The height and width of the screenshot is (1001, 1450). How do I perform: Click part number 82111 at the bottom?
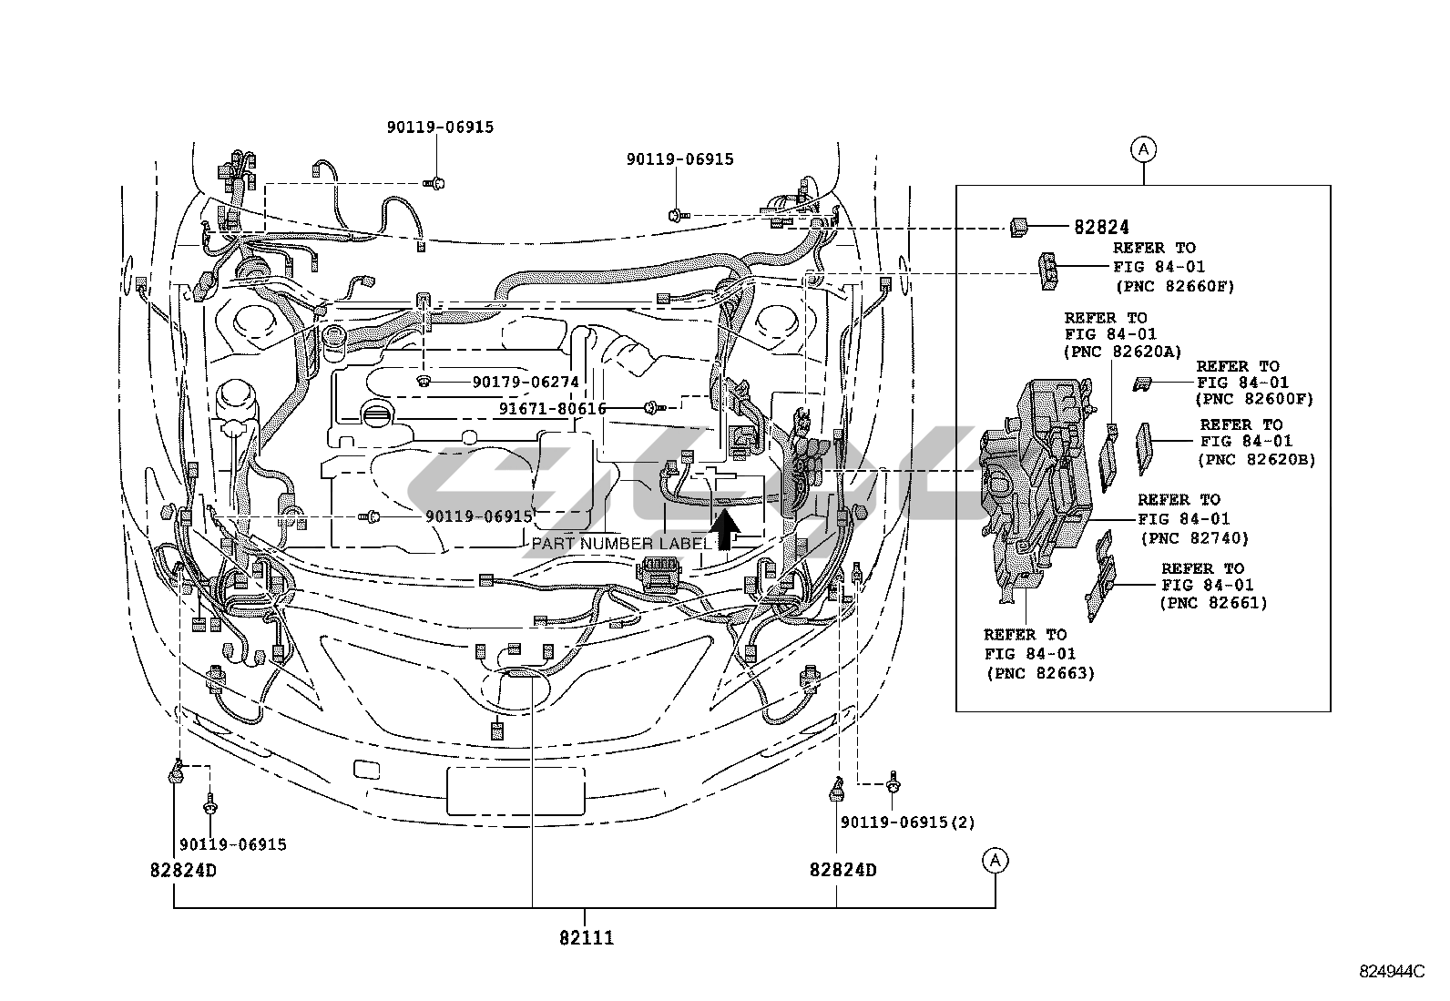click(586, 937)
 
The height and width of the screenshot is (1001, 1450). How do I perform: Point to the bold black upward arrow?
click(724, 529)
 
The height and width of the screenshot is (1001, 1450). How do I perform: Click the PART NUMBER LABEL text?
click(620, 544)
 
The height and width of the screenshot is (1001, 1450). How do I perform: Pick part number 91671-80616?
click(552, 409)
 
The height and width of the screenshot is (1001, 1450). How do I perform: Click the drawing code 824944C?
click(1391, 971)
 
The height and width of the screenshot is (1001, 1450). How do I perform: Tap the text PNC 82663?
click(1040, 674)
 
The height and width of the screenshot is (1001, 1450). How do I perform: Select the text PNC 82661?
click(1213, 603)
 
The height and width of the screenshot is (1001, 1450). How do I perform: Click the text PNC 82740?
click(1194, 538)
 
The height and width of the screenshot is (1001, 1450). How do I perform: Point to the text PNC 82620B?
click(1257, 460)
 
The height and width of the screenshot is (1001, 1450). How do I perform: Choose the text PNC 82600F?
click(1255, 399)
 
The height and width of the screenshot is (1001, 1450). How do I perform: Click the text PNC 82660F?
click(1174, 286)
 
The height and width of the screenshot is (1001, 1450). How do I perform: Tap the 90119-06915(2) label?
click(907, 822)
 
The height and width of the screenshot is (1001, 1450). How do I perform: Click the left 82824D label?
click(183, 870)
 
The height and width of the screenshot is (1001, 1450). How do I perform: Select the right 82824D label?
click(842, 870)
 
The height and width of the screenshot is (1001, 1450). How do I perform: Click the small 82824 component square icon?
click(1018, 227)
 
